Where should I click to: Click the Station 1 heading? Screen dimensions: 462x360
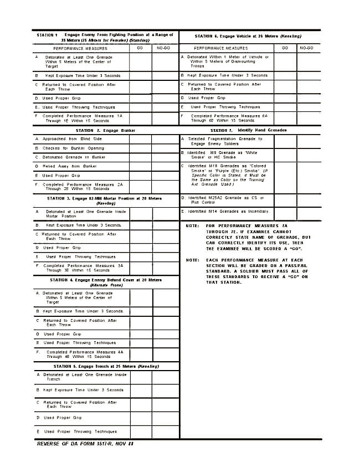[x=105, y=37]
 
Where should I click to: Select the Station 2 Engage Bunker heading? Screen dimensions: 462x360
[x=105, y=130]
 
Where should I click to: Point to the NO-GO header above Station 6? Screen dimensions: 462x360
[x=306, y=48]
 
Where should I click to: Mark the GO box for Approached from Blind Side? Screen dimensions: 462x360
[x=141, y=139]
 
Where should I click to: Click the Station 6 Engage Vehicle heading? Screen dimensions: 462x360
[x=249, y=36]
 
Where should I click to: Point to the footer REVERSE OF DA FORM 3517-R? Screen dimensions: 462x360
[x=85, y=443]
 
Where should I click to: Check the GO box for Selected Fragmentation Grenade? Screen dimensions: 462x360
[x=285, y=141]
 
